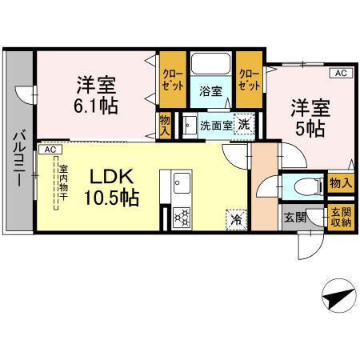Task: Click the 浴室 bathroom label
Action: click(x=210, y=90)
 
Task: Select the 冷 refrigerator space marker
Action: click(x=237, y=216)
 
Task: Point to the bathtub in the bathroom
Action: click(x=210, y=65)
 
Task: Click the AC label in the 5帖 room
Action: click(x=340, y=74)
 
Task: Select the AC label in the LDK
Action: click(x=50, y=150)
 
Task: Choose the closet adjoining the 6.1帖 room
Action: click(x=172, y=79)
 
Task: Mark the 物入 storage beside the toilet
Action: click(x=340, y=184)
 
